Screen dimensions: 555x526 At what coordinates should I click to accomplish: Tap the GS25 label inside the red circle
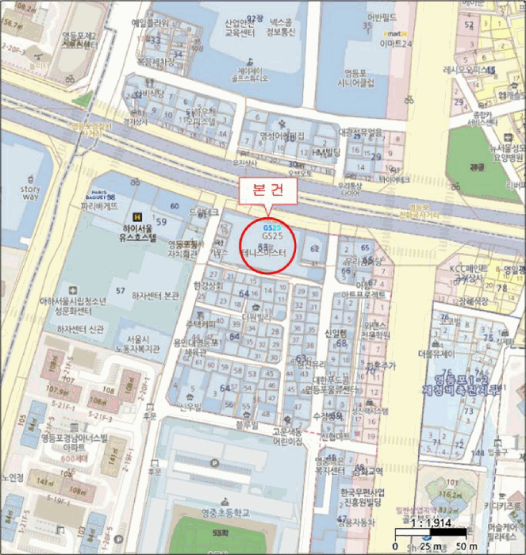coord(272,236)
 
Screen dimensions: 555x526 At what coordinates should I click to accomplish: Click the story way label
coord(30,193)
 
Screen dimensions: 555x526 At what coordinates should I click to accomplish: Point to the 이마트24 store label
coord(396,44)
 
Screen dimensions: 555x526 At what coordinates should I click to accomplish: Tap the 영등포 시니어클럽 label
coord(355,78)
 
